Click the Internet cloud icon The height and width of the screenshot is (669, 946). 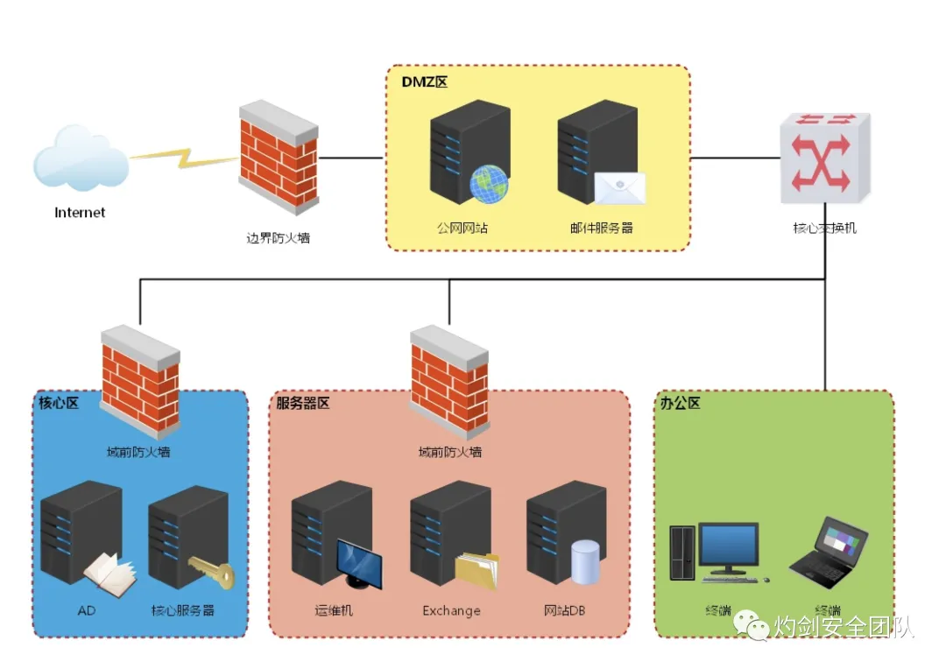81,159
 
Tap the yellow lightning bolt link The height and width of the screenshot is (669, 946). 183,158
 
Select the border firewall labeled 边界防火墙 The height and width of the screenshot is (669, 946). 278,158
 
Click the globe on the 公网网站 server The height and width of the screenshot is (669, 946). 489,184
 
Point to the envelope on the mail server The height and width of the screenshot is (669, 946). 619,187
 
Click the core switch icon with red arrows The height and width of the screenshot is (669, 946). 825,158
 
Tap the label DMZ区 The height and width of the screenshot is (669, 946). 425,82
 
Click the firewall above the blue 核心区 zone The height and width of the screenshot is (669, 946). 140,382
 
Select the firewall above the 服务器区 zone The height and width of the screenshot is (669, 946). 449,382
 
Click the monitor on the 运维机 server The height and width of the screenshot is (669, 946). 359,563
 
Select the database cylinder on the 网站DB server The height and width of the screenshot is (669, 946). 585,561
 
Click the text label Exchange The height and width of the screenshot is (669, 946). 451,610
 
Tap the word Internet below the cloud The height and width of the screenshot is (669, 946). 80,212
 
